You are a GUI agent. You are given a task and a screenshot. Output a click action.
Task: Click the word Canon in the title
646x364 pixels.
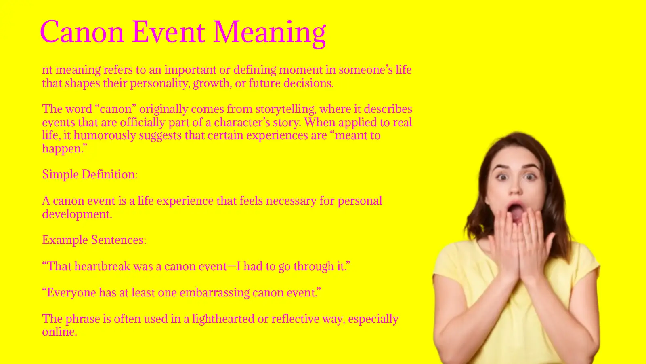point(82,32)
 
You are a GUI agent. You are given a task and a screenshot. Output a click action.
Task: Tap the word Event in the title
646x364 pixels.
point(168,32)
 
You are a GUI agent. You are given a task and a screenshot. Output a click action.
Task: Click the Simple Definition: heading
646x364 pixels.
point(90,175)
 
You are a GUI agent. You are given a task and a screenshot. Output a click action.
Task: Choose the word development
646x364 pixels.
point(76,214)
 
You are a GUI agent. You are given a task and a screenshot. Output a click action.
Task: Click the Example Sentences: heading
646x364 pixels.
point(94,240)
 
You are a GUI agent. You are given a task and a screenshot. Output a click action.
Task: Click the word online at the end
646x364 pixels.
point(59,332)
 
